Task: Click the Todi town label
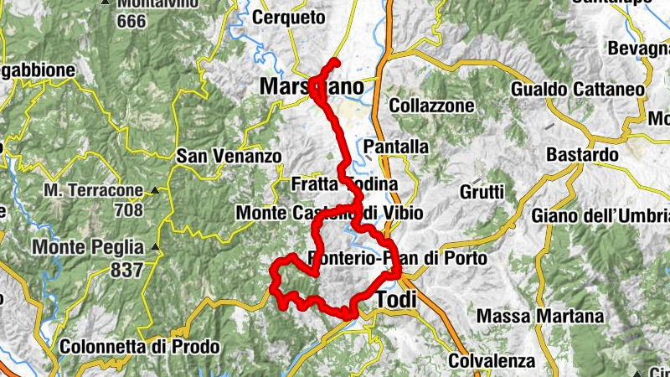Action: (397, 299)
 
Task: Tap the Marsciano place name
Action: (312, 87)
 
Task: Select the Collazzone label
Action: (431, 106)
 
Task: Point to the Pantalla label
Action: (396, 147)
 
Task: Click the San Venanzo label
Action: (217, 156)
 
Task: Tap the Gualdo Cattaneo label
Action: (578, 89)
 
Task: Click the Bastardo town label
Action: (582, 155)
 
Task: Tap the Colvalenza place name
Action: (492, 361)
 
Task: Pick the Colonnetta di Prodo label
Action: (140, 346)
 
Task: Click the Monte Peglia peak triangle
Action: (156, 248)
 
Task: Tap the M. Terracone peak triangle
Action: (156, 190)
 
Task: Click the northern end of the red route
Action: (335, 61)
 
